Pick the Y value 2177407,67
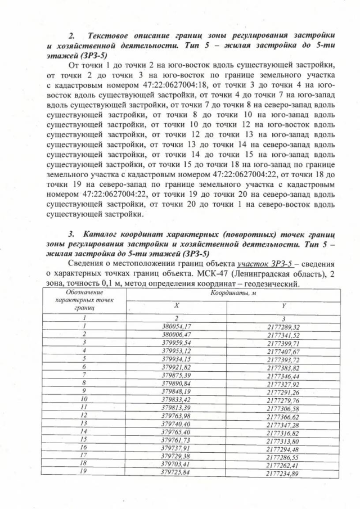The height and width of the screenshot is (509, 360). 284,351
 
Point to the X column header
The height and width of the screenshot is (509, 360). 175,306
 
